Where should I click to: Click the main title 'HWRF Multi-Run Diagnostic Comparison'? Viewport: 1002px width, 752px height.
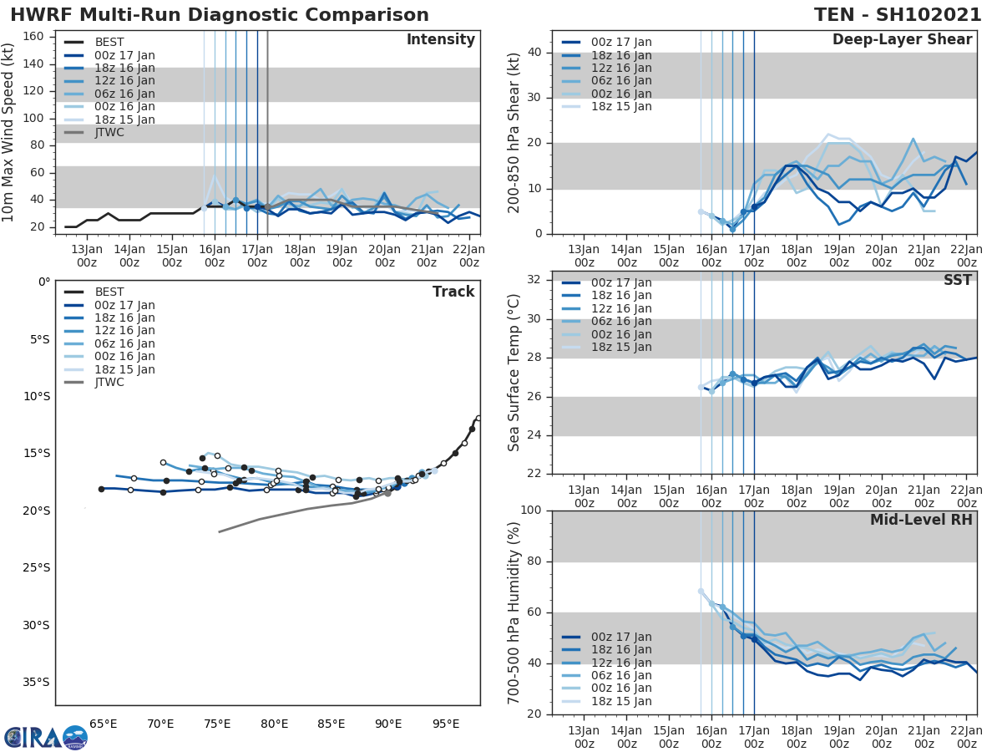point(220,15)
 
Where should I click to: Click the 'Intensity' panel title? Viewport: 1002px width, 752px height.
point(440,40)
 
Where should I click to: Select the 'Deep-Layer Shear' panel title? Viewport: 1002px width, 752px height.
point(902,40)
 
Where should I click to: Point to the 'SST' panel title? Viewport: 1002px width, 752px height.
point(957,280)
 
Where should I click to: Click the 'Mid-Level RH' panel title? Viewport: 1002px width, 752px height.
point(921,520)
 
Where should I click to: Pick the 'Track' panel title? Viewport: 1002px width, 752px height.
point(453,292)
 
